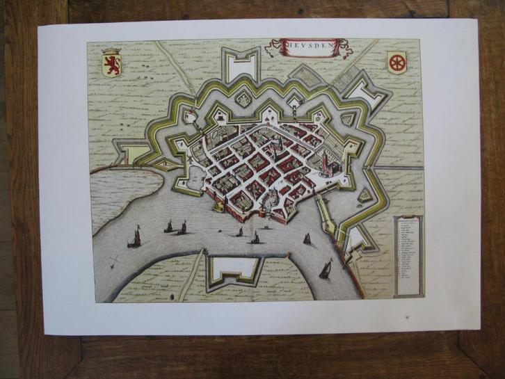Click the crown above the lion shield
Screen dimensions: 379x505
(111, 51)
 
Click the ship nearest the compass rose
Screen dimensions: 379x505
(134, 239)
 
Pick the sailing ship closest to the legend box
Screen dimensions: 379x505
(326, 269)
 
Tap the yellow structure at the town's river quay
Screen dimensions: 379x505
(220, 206)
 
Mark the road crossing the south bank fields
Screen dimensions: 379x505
(188, 278)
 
